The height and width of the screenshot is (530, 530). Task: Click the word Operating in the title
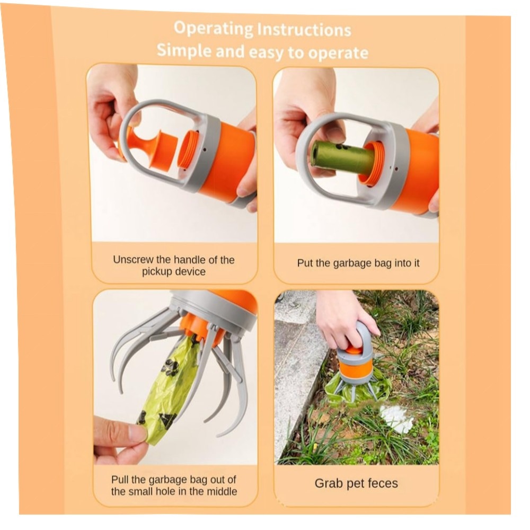pos(213,29)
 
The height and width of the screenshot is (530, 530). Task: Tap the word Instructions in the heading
pos(304,30)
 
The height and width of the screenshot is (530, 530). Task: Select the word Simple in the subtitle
pos(184,51)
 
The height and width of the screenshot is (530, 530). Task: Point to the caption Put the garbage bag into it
pos(358,263)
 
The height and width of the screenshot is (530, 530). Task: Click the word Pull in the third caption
pos(120,480)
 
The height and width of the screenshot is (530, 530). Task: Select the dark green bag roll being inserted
pos(341,157)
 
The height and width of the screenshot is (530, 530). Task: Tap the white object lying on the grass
pos(396,418)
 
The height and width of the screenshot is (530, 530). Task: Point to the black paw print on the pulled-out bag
pos(171,367)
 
